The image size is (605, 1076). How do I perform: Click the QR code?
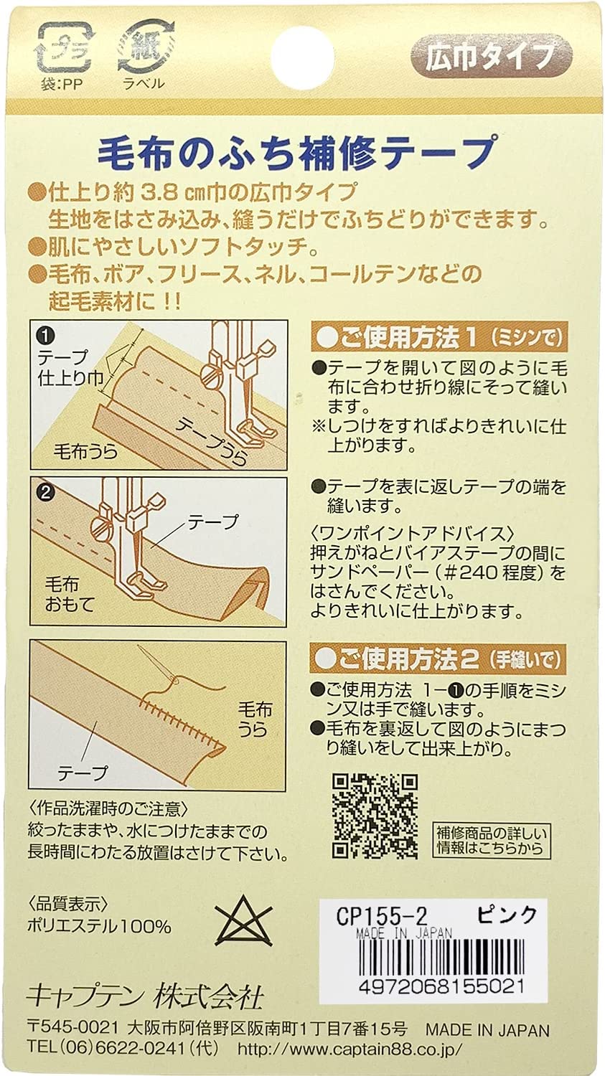[x=375, y=816]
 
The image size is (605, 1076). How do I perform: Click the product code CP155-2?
[x=381, y=916]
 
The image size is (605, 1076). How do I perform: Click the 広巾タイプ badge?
[x=490, y=57]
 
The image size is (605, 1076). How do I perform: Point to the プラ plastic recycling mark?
[x=65, y=47]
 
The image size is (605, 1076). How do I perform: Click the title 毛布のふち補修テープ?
[x=297, y=153]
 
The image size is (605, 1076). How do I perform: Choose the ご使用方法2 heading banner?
[x=439, y=659]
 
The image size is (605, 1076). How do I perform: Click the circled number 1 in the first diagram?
[x=45, y=335]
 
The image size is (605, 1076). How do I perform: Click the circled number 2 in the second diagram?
[x=45, y=493]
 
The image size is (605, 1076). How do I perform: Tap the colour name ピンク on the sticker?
[x=507, y=915]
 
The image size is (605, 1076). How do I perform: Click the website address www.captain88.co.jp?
[x=350, y=1048]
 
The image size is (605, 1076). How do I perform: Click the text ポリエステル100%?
[x=100, y=926]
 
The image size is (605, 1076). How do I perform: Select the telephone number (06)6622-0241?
[x=122, y=1048]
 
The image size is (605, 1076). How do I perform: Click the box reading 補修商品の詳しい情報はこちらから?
[x=492, y=840]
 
